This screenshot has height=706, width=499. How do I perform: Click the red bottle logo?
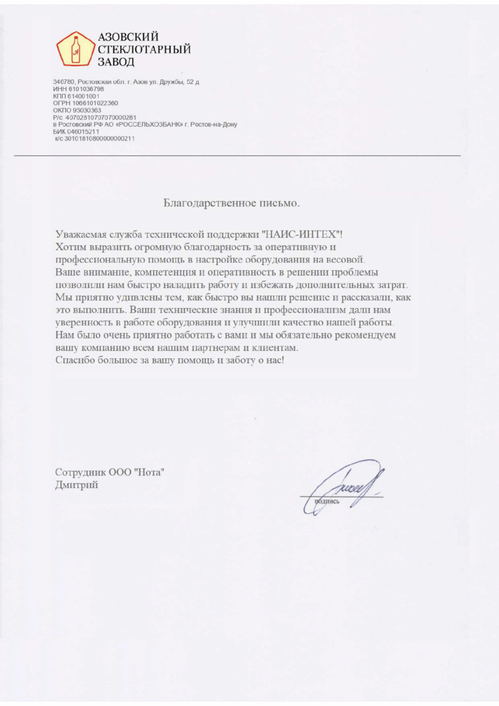pyautogui.click(x=74, y=48)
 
